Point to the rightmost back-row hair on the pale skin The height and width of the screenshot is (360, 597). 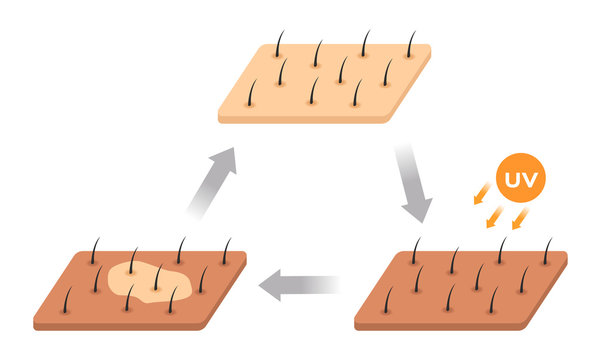[410, 44]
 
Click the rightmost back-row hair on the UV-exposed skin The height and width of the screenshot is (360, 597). [546, 252]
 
